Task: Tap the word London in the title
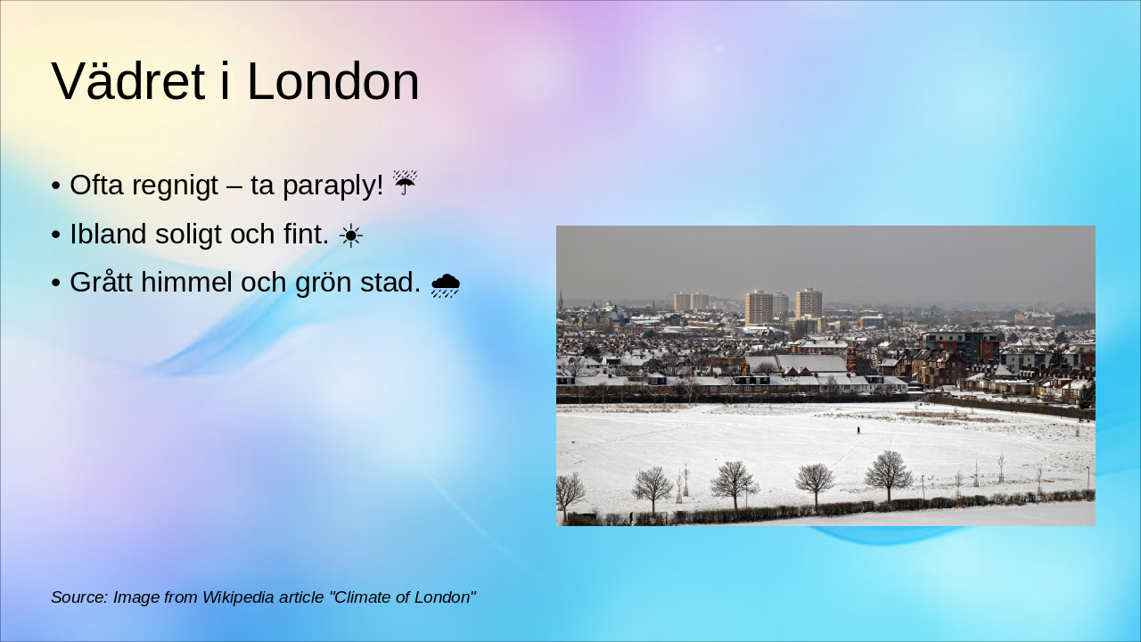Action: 332,82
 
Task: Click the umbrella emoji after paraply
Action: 405,184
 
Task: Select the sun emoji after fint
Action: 350,235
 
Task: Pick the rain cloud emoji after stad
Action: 445,284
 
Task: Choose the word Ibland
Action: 108,235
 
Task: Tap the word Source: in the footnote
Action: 79,597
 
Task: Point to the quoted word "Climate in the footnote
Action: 364,597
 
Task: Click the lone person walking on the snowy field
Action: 858,430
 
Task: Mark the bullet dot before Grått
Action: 56,284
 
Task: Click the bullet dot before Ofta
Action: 56,186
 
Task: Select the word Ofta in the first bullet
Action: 96,185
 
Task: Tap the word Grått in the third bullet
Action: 100,283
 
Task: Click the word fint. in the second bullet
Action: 306,235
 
